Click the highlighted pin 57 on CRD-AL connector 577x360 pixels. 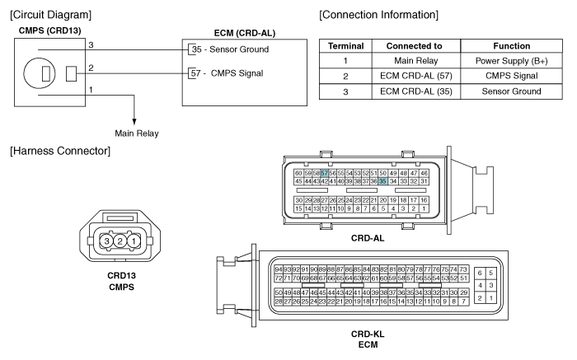(324, 173)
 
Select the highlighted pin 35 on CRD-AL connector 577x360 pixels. (383, 181)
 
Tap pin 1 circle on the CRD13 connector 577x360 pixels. (134, 241)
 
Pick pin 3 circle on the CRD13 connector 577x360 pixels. (106, 241)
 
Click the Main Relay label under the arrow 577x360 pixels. (137, 133)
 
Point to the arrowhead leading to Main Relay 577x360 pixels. (134, 122)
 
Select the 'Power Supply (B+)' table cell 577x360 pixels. (512, 61)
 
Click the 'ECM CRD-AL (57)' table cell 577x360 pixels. (416, 76)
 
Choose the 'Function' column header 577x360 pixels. (512, 46)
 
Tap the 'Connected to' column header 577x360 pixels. (415, 46)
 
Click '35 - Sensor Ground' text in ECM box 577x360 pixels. (230, 49)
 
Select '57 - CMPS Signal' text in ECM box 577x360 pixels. (227, 73)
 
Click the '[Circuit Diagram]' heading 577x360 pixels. (51, 15)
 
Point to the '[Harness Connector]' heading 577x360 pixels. (60, 151)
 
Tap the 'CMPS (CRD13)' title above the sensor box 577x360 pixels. (49, 30)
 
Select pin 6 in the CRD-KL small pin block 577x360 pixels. (480, 273)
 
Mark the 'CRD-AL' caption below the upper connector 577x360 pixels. (368, 238)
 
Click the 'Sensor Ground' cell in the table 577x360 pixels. (512, 91)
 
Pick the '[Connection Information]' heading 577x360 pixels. (378, 15)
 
